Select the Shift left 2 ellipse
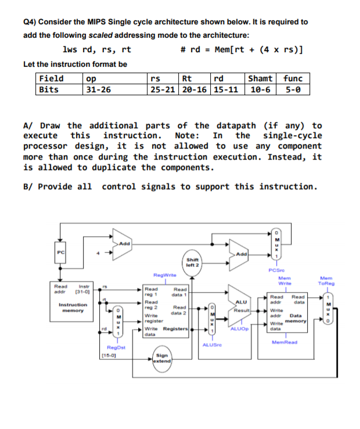point(192,262)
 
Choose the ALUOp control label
point(239,329)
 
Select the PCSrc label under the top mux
point(276,269)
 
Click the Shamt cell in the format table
point(261,79)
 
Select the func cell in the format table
point(293,79)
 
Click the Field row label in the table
point(51,79)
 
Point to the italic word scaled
point(103,35)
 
